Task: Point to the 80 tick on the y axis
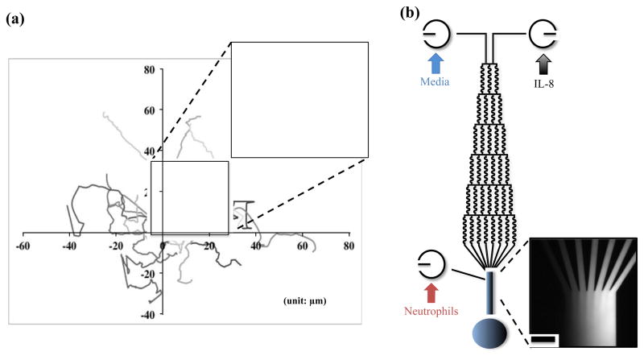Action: click(149, 69)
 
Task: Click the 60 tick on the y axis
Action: click(149, 110)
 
